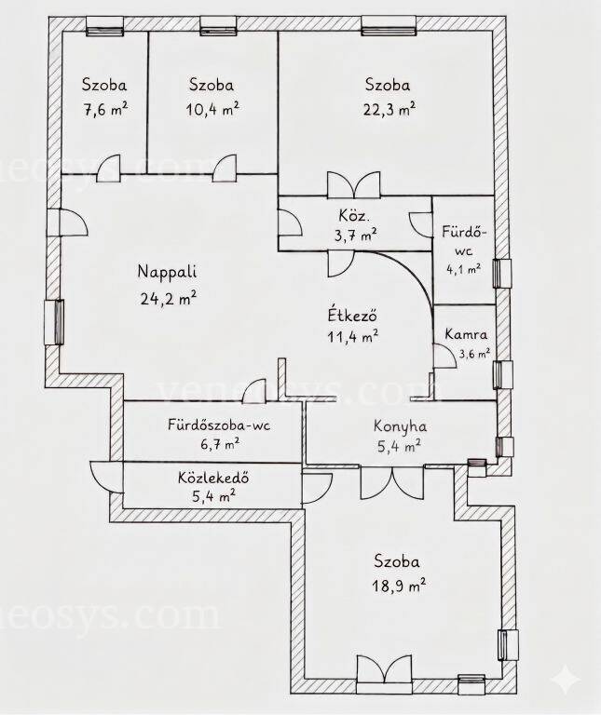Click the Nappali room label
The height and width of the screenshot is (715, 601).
167,272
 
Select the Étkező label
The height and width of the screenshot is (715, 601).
352,315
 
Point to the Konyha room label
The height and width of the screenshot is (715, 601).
401,426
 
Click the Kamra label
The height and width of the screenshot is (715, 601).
466,334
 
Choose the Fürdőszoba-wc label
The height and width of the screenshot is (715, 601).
219,425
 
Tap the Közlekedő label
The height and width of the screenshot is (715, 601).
213,478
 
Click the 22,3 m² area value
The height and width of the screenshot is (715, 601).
389,110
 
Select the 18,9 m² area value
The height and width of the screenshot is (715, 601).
400,585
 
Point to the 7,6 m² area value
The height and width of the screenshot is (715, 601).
105,110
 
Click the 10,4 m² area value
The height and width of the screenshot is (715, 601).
212,110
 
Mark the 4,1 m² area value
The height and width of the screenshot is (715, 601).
463,268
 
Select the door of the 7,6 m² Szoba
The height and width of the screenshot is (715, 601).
108,169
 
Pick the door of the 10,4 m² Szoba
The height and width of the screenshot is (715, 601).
225,169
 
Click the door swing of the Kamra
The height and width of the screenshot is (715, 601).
445,356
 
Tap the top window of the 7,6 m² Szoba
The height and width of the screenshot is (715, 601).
105,27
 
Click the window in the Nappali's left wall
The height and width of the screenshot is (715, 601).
54,322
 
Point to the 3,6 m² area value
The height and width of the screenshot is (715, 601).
474,354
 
